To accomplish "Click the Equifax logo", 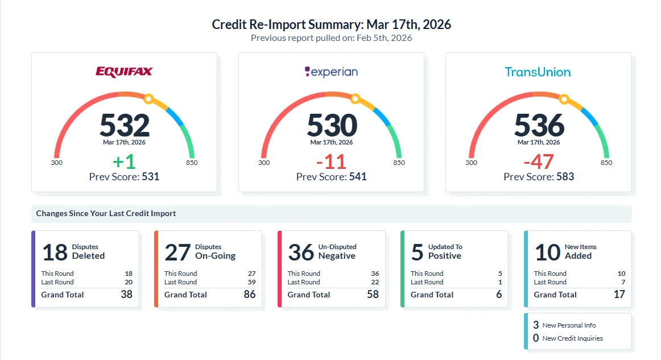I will [124, 72].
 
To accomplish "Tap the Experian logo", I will [331, 72].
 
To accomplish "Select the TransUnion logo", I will [538, 72].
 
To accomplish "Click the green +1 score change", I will [124, 162].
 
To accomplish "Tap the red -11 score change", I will [331, 162].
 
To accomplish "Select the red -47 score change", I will [538, 162].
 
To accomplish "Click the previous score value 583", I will [564, 177].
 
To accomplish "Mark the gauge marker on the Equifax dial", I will [148, 99].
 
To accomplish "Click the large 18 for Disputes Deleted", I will [55, 252].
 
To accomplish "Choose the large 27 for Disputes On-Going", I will [177, 252].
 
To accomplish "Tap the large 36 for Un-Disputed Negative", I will [301, 252].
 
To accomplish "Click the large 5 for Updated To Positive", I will [417, 252].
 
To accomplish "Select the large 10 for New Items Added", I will [547, 252].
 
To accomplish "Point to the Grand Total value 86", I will [249, 295].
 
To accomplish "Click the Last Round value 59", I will [251, 282].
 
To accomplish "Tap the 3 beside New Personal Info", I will [536, 325].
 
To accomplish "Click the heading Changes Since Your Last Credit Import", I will [106, 214].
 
